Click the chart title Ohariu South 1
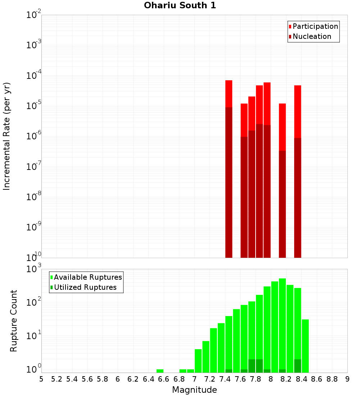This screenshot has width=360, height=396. coord(180,6)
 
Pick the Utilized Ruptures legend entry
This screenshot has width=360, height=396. coord(85,288)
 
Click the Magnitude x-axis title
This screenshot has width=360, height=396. coord(194,390)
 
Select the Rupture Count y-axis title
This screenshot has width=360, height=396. coord(14,321)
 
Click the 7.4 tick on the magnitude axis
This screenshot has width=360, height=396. coord(225,379)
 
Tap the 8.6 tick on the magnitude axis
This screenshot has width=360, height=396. coord(317,379)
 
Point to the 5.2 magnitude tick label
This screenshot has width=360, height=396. coord(57,379)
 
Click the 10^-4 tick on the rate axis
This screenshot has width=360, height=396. coord(34,76)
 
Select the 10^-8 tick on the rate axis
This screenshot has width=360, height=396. coord(34,197)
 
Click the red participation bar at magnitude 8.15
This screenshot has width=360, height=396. coord(282,126)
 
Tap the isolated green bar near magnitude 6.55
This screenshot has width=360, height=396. coord(160,371)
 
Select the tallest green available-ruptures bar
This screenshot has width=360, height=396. coord(282,324)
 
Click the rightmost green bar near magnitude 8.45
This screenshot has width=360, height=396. coord(305,346)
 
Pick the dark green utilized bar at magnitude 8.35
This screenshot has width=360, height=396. coord(297,366)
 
